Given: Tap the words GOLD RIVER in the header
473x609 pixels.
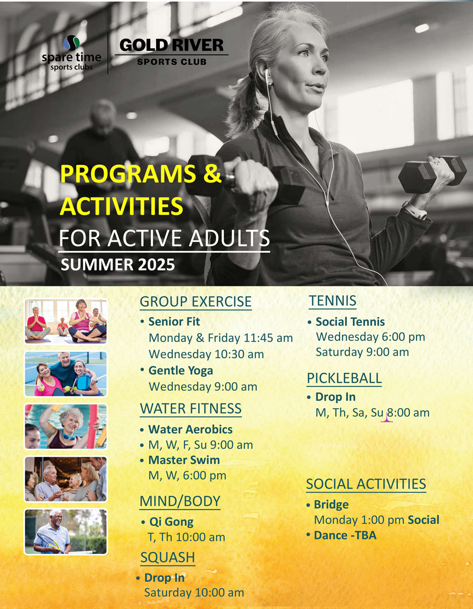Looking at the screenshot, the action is [x=171, y=45].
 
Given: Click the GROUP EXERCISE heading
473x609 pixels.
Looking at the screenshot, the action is [x=195, y=301].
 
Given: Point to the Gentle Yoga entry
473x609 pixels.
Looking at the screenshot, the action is [x=181, y=370].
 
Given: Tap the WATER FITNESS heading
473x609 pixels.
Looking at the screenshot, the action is [x=191, y=408].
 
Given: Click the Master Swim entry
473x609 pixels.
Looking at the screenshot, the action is [x=184, y=460].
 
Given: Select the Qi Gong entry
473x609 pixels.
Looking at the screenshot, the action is [x=171, y=522].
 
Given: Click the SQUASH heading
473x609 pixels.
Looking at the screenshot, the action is [x=167, y=557].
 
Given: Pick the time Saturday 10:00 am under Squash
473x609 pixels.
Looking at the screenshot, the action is [x=194, y=593].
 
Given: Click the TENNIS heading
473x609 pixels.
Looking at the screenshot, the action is [x=333, y=300].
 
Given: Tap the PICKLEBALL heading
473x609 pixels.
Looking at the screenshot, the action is [x=344, y=378].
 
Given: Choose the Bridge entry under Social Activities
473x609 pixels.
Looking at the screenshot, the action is [x=331, y=505].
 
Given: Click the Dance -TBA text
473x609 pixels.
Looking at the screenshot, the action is [x=345, y=535].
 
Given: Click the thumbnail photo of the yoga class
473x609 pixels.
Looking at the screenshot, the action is [x=66, y=321].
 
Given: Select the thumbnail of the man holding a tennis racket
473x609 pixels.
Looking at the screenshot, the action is [x=66, y=532].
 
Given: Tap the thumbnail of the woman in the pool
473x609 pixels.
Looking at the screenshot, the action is [x=66, y=426].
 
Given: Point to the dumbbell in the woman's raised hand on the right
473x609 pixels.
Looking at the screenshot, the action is [x=432, y=174].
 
